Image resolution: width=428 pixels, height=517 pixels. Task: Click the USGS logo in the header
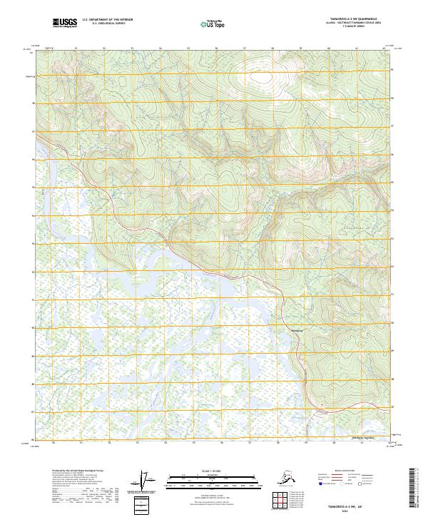tap(65, 24)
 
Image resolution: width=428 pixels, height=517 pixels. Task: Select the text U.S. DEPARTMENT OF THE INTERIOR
tap(106, 22)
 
